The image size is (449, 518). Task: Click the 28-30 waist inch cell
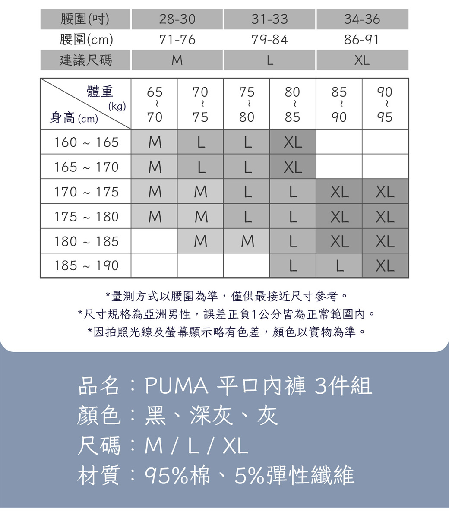click(177, 19)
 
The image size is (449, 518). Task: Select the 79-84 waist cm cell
click(269, 40)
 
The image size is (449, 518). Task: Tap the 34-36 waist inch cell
click(362, 19)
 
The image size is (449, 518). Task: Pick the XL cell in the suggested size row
click(362, 60)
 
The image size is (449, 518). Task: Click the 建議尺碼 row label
click(85, 60)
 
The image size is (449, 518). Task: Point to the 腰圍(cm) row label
click(85, 40)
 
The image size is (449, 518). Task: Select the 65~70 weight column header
click(154, 104)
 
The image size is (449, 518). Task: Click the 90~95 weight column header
click(385, 104)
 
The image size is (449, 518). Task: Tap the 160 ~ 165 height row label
click(86, 142)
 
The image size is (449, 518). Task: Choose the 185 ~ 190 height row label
click(86, 265)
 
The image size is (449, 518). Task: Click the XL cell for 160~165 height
click(293, 142)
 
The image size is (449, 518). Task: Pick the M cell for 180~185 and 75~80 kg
click(247, 241)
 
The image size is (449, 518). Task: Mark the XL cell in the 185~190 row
click(385, 265)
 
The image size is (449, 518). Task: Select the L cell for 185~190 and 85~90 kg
click(339, 265)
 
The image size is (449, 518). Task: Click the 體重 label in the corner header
click(100, 92)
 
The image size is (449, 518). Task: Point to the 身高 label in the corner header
click(63, 117)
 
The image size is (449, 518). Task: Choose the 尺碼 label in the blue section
click(99, 445)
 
